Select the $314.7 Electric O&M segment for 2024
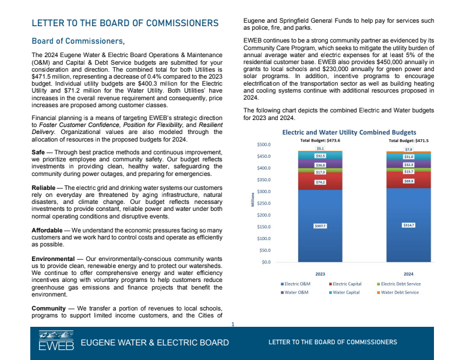point(408,225)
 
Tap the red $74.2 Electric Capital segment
point(320,182)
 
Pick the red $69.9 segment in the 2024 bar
point(408,181)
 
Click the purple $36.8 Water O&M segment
point(320,165)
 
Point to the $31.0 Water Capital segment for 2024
point(408,157)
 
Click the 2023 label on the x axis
point(320,272)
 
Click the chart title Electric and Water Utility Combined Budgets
point(349,132)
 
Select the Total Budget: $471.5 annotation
point(408,140)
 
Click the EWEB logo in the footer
point(56,342)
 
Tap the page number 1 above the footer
point(232,323)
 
